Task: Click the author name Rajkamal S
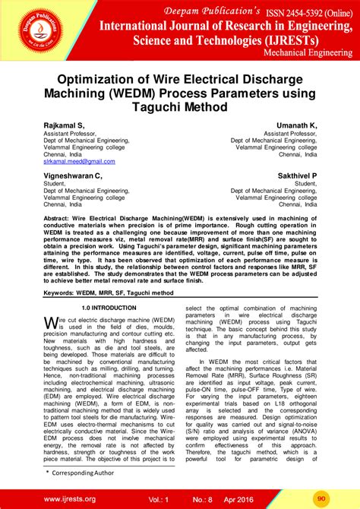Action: tap(64, 125)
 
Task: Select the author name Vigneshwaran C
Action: tap(73, 175)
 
